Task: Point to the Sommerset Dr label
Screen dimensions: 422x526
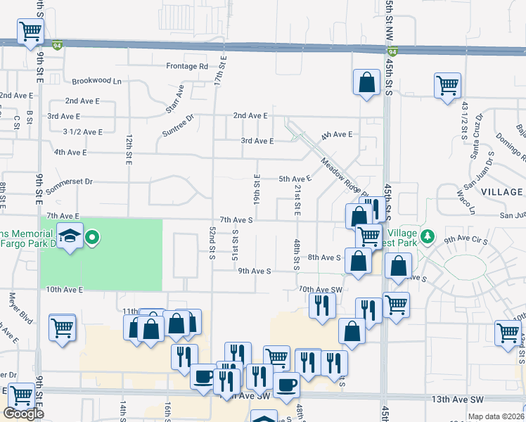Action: point(69,181)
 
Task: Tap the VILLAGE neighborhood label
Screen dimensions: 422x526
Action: point(502,192)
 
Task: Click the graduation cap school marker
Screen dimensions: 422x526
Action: point(71,236)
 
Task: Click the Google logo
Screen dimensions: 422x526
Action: point(23,413)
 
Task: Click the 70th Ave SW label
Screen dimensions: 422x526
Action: point(320,289)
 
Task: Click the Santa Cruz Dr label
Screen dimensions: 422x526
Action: point(474,127)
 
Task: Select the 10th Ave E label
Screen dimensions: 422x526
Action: point(65,289)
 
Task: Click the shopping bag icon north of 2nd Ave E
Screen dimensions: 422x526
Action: point(366,82)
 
